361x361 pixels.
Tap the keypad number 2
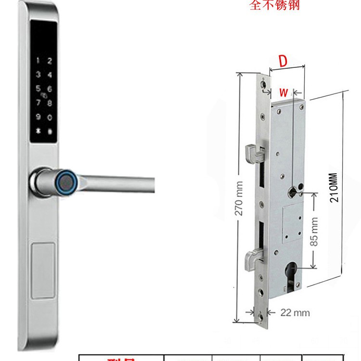tap(50, 62)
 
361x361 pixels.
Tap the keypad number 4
tap(50, 75)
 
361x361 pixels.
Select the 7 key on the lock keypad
tap(39, 103)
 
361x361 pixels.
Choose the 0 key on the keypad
tap(50, 117)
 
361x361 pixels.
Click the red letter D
tap(283, 61)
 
